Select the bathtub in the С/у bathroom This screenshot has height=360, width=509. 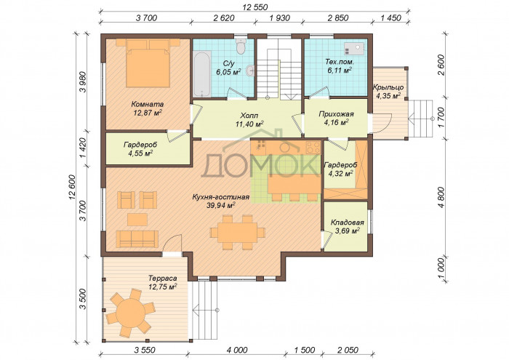point(201,74)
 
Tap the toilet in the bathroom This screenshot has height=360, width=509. point(241,47)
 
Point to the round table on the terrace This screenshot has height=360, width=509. point(130,313)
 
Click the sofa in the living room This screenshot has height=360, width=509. point(137,239)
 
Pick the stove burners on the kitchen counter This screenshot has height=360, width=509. point(313,148)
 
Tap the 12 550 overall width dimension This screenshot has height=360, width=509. point(254,7)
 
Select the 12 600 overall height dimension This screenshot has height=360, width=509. point(72,188)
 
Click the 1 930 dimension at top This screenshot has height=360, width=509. point(279,18)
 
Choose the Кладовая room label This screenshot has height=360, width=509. point(348,223)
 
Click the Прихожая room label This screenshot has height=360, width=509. point(336,114)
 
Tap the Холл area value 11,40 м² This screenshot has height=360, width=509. point(249,124)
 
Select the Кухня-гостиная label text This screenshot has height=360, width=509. point(221,196)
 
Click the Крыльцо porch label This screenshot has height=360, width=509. point(388,87)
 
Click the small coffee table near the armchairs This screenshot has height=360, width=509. point(137,220)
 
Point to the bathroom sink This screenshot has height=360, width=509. point(250,71)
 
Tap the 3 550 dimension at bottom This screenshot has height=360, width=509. point(145,350)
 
